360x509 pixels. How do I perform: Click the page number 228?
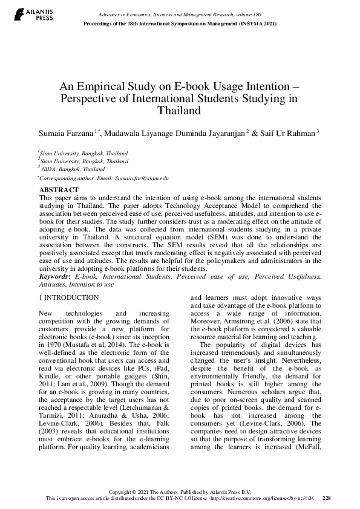tap(327, 498)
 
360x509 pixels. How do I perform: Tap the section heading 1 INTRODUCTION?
tap(68, 297)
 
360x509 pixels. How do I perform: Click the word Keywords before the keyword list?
tap(54, 276)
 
